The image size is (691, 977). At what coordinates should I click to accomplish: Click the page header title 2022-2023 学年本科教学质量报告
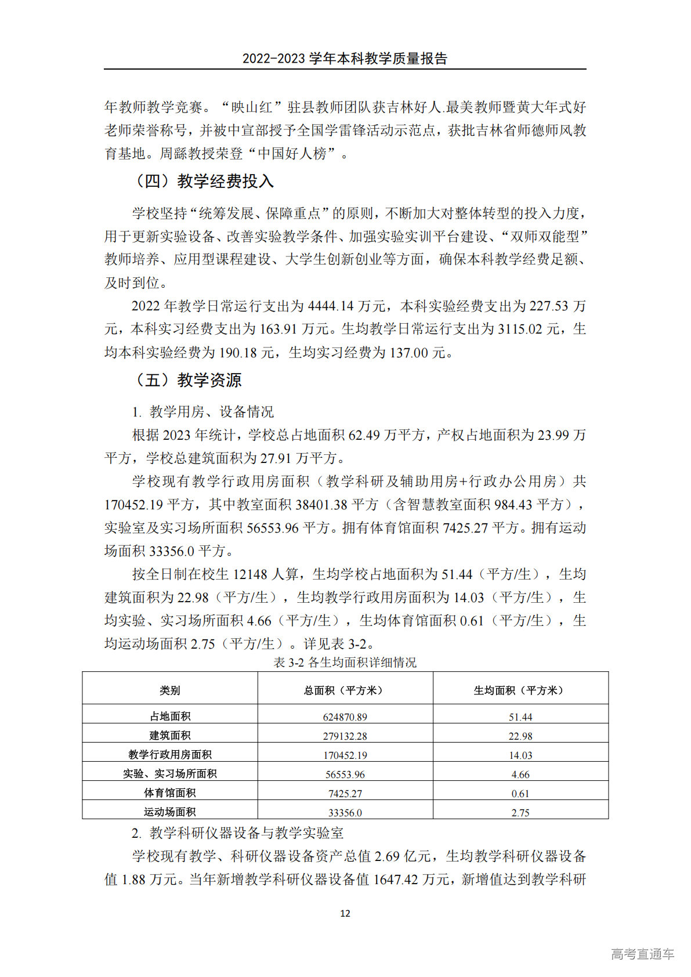345,59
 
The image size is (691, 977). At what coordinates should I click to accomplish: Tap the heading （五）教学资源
187,381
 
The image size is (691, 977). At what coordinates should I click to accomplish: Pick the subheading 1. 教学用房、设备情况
202,412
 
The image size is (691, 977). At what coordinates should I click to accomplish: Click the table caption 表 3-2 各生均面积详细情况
345,663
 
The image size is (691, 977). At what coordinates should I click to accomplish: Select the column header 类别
170,690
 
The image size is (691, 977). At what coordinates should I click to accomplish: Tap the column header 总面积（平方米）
345,690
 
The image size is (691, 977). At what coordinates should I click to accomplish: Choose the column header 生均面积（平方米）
520,690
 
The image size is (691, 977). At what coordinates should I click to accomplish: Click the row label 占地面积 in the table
170,717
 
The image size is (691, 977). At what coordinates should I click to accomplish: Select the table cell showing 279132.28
345,736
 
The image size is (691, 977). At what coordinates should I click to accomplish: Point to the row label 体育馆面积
170,793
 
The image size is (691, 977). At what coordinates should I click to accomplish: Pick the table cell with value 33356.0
345,813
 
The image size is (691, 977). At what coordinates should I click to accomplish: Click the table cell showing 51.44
520,717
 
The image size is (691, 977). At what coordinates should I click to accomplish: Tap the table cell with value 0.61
520,794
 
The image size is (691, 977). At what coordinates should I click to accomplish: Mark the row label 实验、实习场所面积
170,774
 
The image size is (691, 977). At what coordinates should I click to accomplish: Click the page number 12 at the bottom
345,913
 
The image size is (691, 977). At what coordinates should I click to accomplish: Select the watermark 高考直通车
642,954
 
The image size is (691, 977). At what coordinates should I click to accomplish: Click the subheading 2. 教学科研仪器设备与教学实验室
237,833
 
